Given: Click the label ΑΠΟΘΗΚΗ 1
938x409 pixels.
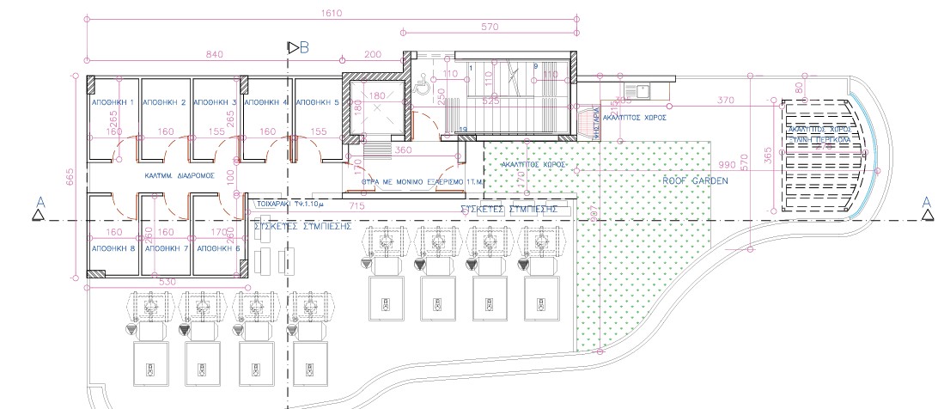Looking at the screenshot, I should click(113, 102).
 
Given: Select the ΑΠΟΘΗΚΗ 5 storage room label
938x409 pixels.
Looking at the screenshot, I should click(318, 102).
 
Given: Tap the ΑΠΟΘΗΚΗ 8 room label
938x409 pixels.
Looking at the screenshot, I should click(113, 247).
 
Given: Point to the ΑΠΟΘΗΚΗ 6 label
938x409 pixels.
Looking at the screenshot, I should click(218, 247).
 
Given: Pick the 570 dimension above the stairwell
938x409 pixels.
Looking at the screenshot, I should click(490, 27).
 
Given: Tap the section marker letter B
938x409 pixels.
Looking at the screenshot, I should click(304, 47).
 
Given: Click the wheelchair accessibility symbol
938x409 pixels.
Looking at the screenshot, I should click(422, 84).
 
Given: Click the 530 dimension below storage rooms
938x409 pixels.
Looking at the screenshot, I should click(167, 281).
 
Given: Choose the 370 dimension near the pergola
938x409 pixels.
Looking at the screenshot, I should click(725, 101).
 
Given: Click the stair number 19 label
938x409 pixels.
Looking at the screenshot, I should click(462, 130).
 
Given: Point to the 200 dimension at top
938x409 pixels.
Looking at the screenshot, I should click(373, 54).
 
